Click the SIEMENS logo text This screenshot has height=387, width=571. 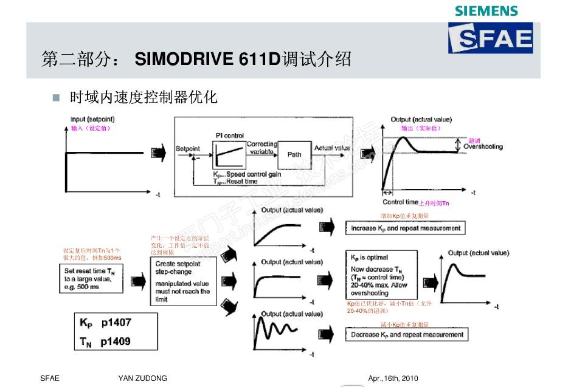[486, 11]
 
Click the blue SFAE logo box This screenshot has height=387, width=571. [490, 38]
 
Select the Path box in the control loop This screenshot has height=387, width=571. [294, 155]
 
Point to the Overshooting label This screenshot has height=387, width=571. [483, 147]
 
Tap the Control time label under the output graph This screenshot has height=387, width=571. [400, 202]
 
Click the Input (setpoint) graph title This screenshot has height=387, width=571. [92, 119]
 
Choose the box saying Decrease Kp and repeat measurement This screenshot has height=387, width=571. [407, 335]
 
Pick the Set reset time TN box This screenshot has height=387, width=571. [91, 278]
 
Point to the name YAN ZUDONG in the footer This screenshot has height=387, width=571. [142, 378]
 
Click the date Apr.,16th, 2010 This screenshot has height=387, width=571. [393, 378]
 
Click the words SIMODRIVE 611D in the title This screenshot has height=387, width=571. [207, 60]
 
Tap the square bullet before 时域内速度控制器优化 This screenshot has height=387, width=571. [57, 97]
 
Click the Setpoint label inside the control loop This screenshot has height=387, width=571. [187, 149]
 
